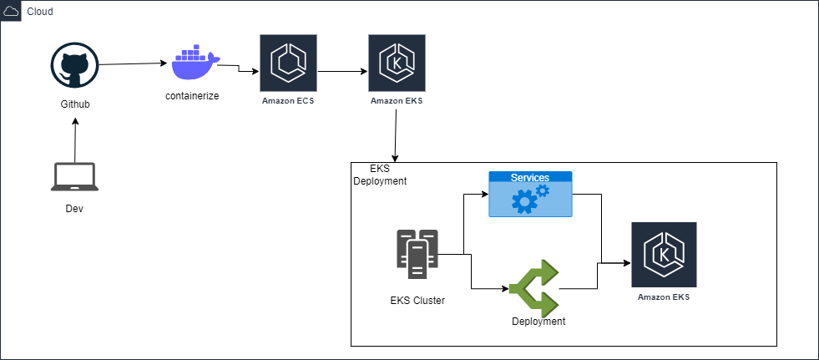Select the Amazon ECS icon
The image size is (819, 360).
click(288, 63)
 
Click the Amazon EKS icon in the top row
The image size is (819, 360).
click(397, 63)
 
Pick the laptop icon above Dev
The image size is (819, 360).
click(74, 177)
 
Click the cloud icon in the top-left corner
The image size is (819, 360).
click(12, 12)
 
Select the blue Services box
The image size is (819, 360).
click(530, 194)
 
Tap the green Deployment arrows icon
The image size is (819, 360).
click(533, 287)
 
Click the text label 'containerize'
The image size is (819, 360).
click(192, 96)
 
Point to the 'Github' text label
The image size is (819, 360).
click(74, 104)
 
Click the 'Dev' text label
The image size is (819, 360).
click(74, 208)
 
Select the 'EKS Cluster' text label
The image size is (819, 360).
click(417, 300)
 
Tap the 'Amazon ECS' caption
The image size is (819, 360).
click(288, 101)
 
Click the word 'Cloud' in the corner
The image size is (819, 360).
click(40, 12)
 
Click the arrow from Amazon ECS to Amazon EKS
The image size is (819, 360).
click(342, 72)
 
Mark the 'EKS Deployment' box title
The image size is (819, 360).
click(380, 175)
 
